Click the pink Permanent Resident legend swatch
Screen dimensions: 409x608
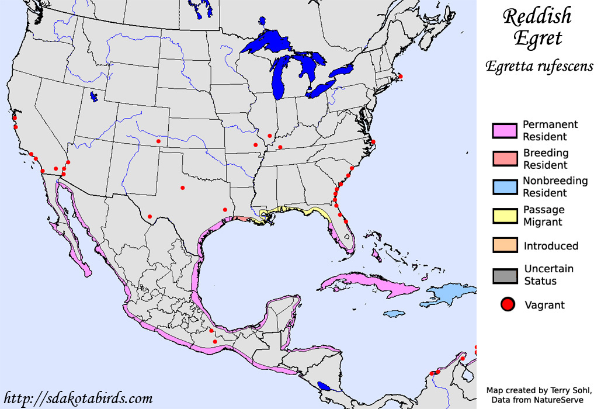[x=505, y=131]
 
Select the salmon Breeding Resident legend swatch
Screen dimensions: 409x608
[x=505, y=158]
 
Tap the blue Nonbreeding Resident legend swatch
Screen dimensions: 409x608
[x=505, y=187]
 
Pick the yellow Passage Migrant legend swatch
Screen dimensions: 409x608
[x=505, y=216]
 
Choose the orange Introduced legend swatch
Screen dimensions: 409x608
[x=505, y=245]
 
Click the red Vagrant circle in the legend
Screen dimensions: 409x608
[x=508, y=304]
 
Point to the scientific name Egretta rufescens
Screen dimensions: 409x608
[x=539, y=66]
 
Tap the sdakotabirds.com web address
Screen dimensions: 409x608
[x=78, y=399]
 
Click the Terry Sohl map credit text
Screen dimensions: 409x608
[x=538, y=390]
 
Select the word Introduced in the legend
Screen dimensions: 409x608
[x=551, y=246]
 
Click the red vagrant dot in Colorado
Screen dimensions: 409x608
[x=158, y=141]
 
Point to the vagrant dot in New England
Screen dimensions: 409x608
[x=400, y=76]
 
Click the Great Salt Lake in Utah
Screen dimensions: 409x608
[x=94, y=97]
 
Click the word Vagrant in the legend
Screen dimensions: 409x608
[x=544, y=305]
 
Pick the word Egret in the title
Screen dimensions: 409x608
[x=537, y=39]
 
